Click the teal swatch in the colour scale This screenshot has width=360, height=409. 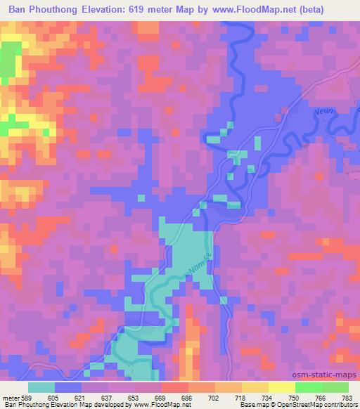tap(41, 387)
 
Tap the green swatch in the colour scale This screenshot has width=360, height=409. tap(321, 387)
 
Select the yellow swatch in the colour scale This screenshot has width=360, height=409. tap(281, 387)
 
